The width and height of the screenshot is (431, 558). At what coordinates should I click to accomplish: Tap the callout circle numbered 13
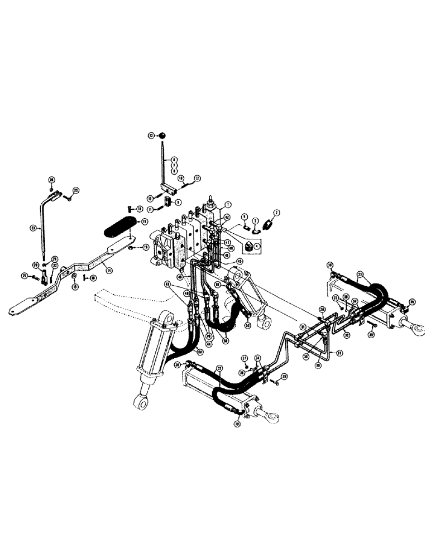[151, 135]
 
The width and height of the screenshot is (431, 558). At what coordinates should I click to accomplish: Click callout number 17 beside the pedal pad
[144, 222]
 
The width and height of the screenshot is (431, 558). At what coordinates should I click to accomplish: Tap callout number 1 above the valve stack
[228, 204]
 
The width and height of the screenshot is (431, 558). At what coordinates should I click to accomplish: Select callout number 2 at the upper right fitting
[275, 211]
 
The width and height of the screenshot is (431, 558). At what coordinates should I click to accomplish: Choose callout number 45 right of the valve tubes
[240, 261]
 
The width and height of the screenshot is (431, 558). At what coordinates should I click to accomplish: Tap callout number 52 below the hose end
[247, 324]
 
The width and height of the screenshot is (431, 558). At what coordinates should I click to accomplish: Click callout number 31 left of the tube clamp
[302, 327]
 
